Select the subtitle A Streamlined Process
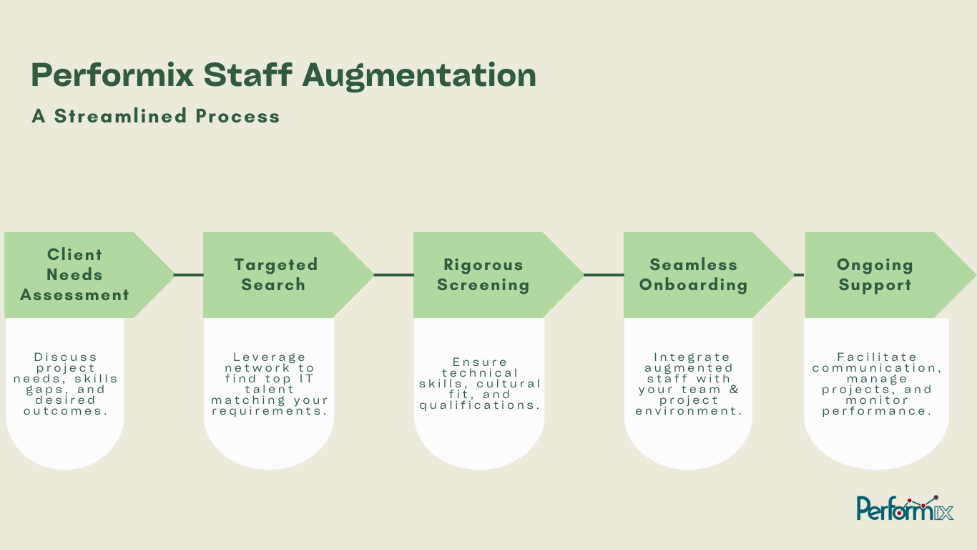tap(155, 116)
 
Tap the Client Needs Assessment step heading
tap(74, 274)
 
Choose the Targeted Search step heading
tap(275, 274)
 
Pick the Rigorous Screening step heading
tap(483, 274)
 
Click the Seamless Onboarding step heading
tap(693, 274)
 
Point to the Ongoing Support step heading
tap(875, 274)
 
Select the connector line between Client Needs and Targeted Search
tap(189, 274)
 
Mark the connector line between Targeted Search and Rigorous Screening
tap(393, 274)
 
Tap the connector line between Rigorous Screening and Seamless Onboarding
tap(604, 274)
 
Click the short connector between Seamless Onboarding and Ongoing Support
tap(799, 274)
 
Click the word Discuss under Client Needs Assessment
tap(65, 357)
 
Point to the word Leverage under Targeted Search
tap(270, 357)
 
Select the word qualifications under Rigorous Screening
tap(479, 405)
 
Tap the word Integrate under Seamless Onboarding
tap(692, 357)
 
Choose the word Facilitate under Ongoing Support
tap(876, 357)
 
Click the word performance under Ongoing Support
tap(876, 411)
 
